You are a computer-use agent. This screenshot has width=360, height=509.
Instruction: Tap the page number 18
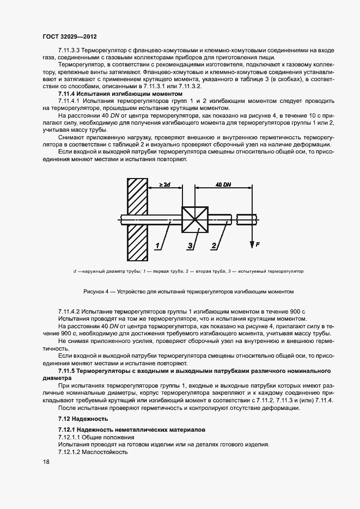pyautogui.click(x=46, y=462)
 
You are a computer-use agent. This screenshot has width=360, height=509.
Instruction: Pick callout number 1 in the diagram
pyautogui.click(x=157, y=246)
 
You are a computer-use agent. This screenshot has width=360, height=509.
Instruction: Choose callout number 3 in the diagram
pyautogui.click(x=190, y=246)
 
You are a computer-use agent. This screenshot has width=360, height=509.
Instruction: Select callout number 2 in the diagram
pyautogui.click(x=213, y=246)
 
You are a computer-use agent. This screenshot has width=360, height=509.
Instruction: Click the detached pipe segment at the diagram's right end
pyautogui.click(x=247, y=220)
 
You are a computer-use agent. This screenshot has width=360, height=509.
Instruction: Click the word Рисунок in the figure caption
pyautogui.click(x=95, y=291)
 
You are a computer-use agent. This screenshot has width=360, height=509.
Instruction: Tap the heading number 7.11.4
pyautogui.click(x=69, y=94)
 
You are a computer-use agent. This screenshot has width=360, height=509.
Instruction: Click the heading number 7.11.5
pyautogui.click(x=69, y=370)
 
